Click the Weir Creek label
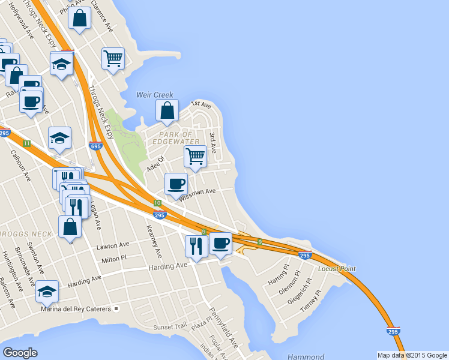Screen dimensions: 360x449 (155, 95)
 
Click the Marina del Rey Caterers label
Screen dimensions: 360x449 (76, 309)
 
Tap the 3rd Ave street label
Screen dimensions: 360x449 (212, 143)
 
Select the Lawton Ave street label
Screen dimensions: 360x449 (113, 246)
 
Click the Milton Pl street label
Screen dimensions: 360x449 (115, 259)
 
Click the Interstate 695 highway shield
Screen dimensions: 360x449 (94, 146)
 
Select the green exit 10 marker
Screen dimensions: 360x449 (157, 203)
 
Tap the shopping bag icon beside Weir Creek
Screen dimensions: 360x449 (167, 110)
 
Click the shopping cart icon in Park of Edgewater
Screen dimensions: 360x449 (196, 156)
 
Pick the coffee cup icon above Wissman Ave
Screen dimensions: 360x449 (176, 184)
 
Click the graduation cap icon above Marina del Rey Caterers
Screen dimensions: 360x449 (47, 291)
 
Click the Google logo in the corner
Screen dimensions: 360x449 (20, 353)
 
